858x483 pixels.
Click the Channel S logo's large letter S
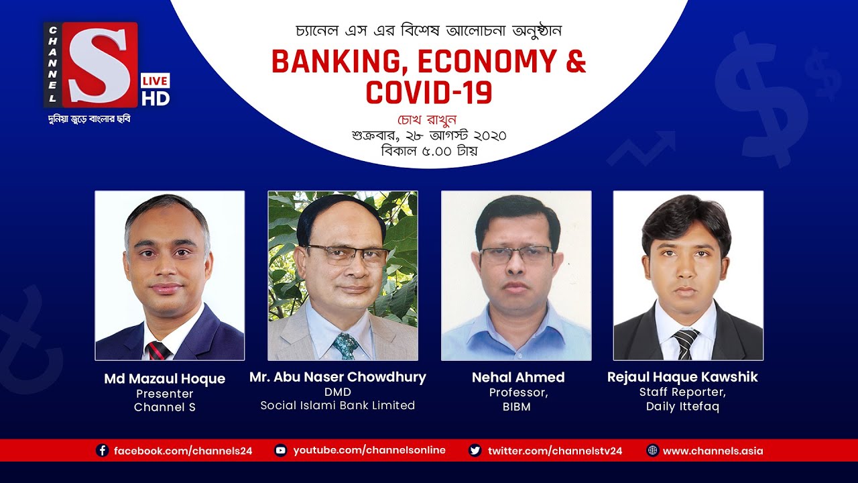pos(101,64)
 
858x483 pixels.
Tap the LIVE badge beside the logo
pos(155,80)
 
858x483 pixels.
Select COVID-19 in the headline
pos(429,92)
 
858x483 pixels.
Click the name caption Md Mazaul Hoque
pos(165,379)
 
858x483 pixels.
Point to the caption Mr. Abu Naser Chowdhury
pos(338,377)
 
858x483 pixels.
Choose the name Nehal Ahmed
pos(518,377)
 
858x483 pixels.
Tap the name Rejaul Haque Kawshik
pos(682,377)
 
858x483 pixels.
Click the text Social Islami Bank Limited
pos(338,405)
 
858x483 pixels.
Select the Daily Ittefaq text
pos(682,407)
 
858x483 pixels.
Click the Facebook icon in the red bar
pos(103,451)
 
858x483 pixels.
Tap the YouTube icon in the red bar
pos(281,451)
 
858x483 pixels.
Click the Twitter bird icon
pos(475,451)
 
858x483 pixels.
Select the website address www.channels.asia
pos(713,451)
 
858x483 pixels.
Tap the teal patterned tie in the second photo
pos(347,346)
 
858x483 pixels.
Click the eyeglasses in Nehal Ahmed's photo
pos(516,255)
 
